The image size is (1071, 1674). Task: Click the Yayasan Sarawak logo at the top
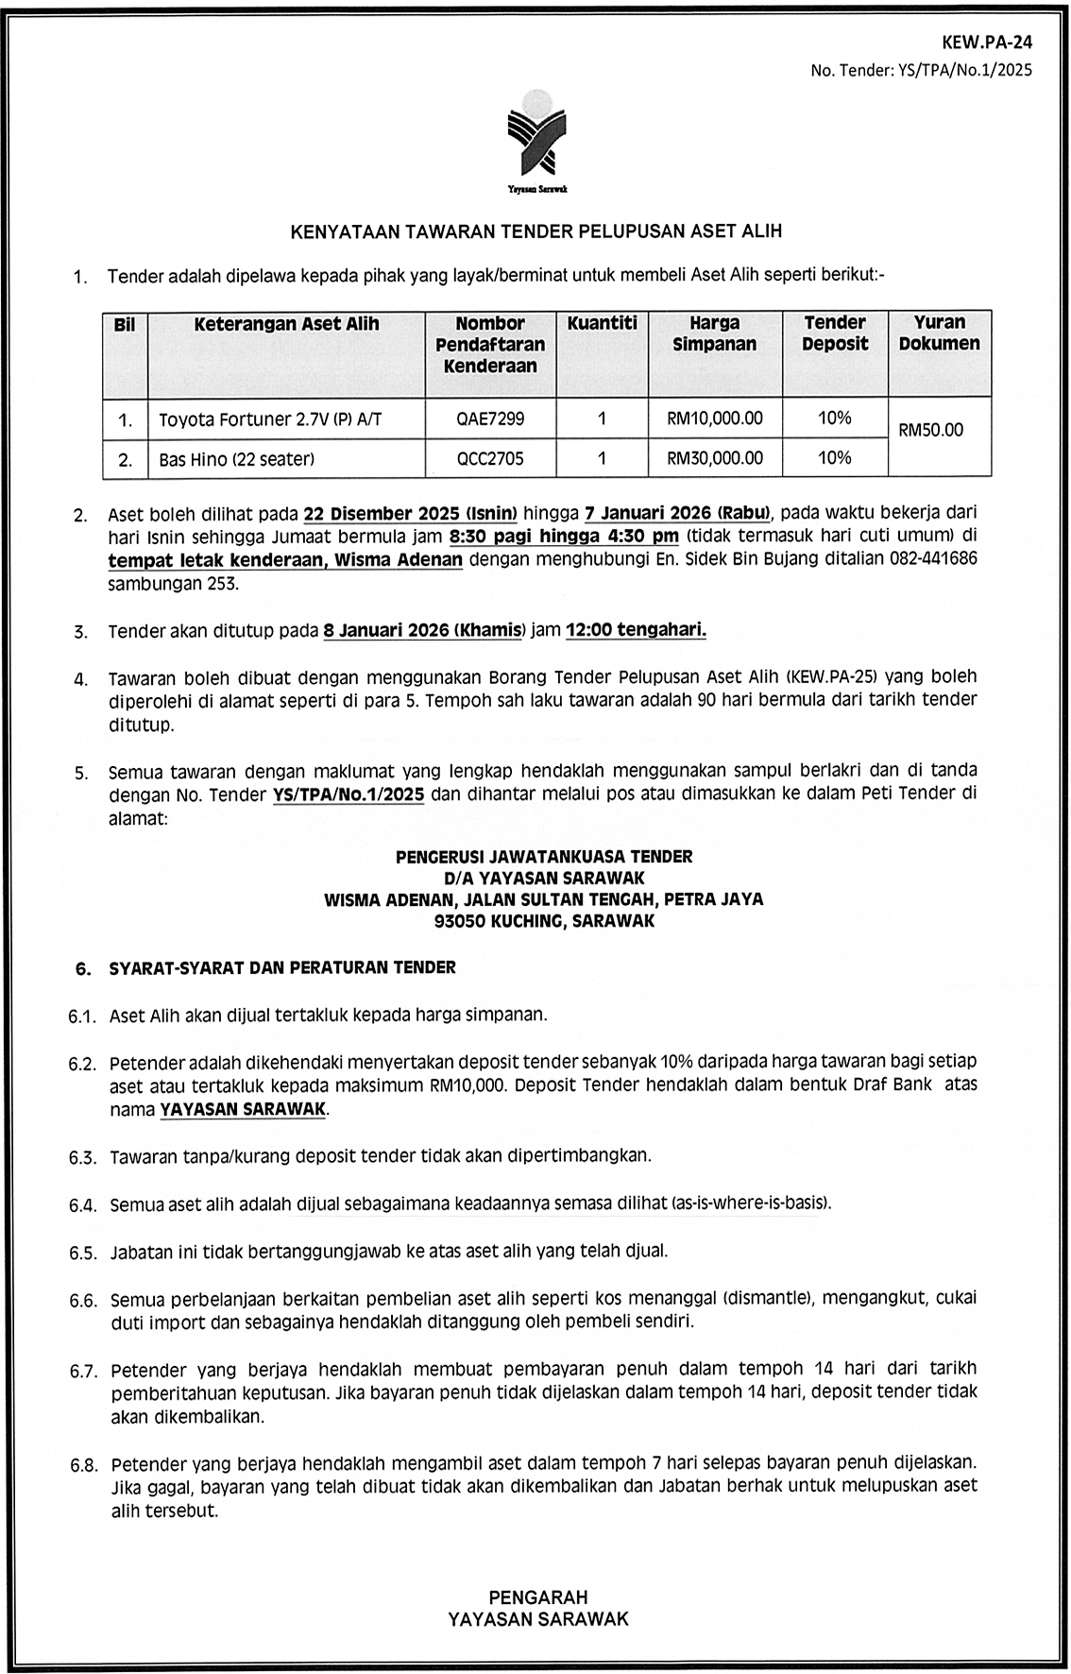tap(536, 141)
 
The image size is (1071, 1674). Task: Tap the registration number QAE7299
tap(489, 418)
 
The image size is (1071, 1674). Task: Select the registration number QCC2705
tap(489, 459)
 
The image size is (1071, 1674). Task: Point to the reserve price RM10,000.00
tap(714, 418)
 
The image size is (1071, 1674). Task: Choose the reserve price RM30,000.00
tap(714, 459)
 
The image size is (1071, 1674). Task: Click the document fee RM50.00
tap(930, 430)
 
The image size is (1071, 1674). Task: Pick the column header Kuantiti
tap(602, 324)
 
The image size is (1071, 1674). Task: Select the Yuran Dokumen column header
tap(939, 333)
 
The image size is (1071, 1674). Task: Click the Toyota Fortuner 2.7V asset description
tap(270, 419)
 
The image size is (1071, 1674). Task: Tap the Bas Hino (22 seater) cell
tap(236, 460)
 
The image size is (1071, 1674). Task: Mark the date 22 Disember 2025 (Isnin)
tap(410, 515)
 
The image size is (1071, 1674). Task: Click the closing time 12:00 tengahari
tap(636, 630)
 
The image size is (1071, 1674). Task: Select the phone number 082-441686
tap(933, 559)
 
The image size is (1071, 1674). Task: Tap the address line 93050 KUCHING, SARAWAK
tap(544, 921)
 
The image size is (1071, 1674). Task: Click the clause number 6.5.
tap(83, 1254)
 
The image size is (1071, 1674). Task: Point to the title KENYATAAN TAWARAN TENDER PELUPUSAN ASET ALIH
tap(535, 231)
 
